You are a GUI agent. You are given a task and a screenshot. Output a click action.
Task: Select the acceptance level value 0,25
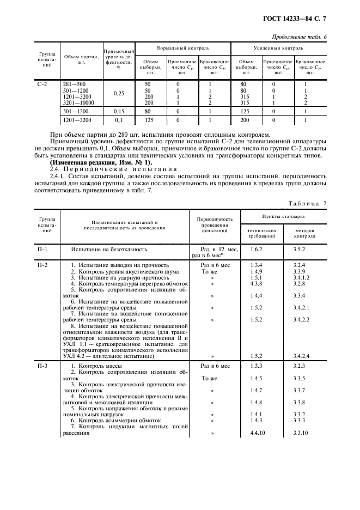point(119,93)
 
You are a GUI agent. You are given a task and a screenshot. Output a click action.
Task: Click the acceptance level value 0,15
point(119,112)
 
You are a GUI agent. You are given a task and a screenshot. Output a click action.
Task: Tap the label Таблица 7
point(308,203)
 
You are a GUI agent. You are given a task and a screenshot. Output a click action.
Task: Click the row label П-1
point(42,250)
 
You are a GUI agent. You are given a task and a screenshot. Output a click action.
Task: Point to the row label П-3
point(42,366)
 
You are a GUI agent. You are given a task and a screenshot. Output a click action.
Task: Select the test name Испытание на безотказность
point(109,250)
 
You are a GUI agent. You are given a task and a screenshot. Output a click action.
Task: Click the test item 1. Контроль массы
point(99,366)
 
